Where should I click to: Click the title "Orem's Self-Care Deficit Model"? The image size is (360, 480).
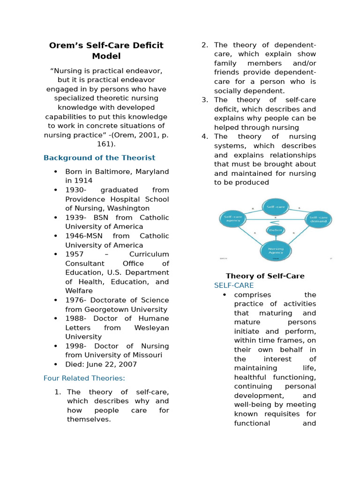click(x=106, y=51)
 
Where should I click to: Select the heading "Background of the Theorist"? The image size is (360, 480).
click(x=99, y=158)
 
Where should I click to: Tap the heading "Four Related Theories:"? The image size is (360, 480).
click(x=84, y=378)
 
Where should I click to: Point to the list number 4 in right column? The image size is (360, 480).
click(x=204, y=137)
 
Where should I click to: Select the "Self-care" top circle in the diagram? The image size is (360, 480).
click(x=275, y=206)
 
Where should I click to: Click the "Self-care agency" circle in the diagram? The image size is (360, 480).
click(x=233, y=219)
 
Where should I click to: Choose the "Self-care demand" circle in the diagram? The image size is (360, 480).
click(x=319, y=219)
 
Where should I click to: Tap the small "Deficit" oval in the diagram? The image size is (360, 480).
click(x=276, y=230)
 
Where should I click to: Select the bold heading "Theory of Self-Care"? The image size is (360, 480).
click(x=265, y=276)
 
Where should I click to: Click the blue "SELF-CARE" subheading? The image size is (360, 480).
click(x=234, y=285)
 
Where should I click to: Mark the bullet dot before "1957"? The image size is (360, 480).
click(x=56, y=254)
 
